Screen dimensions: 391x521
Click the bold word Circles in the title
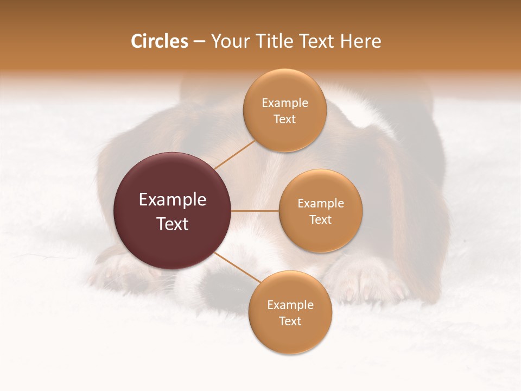tap(160, 41)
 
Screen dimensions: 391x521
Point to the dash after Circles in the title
tap(199, 42)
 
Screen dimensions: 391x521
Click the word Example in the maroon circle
tap(173, 200)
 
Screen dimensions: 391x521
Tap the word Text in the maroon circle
tap(173, 224)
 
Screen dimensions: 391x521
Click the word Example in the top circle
tap(285, 103)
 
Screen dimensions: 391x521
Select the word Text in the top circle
tap(285, 119)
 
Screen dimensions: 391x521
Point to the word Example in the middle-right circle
tap(320, 203)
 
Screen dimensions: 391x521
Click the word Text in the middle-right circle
tap(320, 219)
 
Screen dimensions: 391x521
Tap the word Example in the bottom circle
tap(290, 305)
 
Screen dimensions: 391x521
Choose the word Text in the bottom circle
tap(290, 321)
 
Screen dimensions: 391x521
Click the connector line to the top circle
tap(234, 154)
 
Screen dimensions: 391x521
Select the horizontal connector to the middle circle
tap(255, 211)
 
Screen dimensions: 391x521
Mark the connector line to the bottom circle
tap(237, 267)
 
